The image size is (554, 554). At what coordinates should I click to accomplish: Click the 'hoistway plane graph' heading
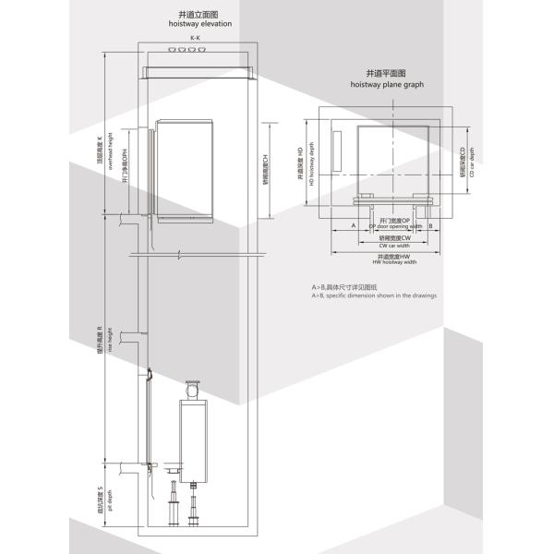click(x=387, y=83)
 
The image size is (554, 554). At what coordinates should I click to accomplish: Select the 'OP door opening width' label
click(x=396, y=224)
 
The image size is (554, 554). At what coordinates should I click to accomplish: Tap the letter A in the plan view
click(x=354, y=224)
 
